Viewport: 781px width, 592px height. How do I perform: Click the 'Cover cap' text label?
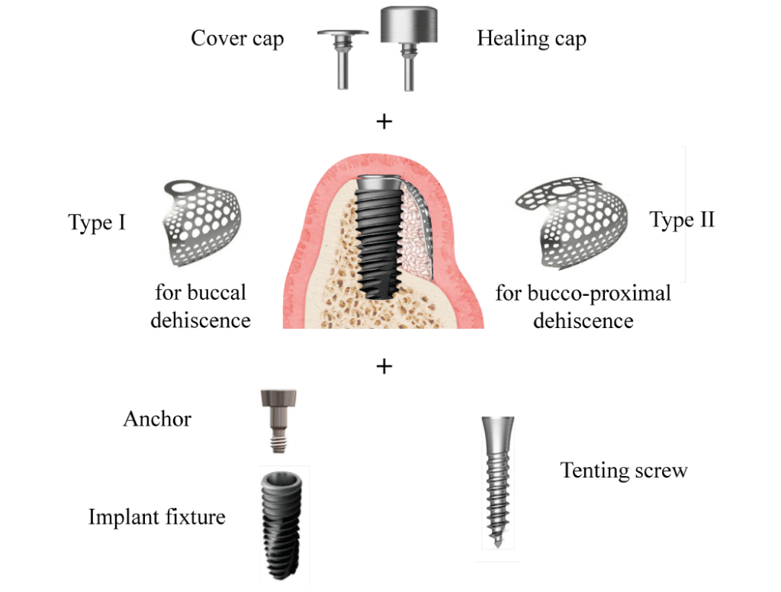coord(236,38)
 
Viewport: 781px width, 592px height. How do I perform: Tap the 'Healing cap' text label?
coord(531,38)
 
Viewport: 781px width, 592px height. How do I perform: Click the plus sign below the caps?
coord(384,121)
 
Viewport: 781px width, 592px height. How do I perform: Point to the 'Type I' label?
coord(97,223)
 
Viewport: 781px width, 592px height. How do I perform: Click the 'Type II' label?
coord(682,220)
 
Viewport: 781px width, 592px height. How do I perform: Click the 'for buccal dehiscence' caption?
coord(201,306)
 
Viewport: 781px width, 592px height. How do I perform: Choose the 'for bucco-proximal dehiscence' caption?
coord(583,306)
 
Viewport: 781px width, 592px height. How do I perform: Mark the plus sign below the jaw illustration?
coord(384,367)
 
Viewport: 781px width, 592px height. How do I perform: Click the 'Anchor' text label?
coord(157,418)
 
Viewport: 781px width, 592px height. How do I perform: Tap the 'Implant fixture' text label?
coord(157,517)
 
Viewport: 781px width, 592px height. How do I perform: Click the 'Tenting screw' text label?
coord(623,470)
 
